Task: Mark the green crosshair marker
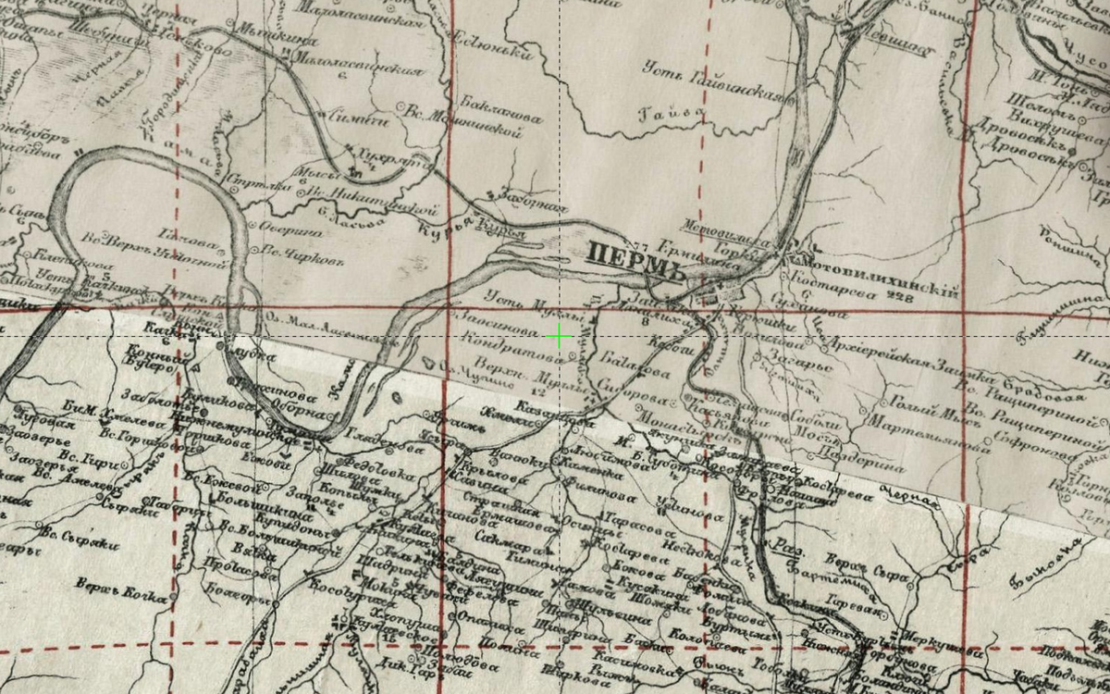[x=560, y=337]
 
